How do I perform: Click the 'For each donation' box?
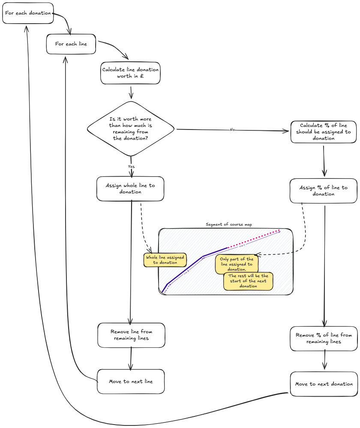pos(28,13)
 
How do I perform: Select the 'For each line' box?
pos(71,44)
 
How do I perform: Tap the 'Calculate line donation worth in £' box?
pos(130,73)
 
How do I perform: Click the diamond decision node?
pos(131,129)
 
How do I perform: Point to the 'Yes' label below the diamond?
pos(131,166)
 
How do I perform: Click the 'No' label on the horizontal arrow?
pos(232,130)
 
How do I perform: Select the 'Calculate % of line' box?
pos(324,132)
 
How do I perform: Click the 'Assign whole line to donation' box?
pos(130,189)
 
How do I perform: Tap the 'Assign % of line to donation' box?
pos(324,191)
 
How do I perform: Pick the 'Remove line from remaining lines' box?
pos(131,335)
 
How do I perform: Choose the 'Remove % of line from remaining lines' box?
pos(324,338)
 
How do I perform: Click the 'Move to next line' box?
pos(131,381)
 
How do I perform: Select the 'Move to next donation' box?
pos(324,384)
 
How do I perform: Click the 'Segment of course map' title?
pos(225,224)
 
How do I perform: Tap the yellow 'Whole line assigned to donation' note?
pos(165,260)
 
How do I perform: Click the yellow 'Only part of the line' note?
pos(237,264)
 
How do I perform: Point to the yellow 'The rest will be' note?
pos(248,281)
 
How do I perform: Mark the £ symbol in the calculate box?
pos(142,76)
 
